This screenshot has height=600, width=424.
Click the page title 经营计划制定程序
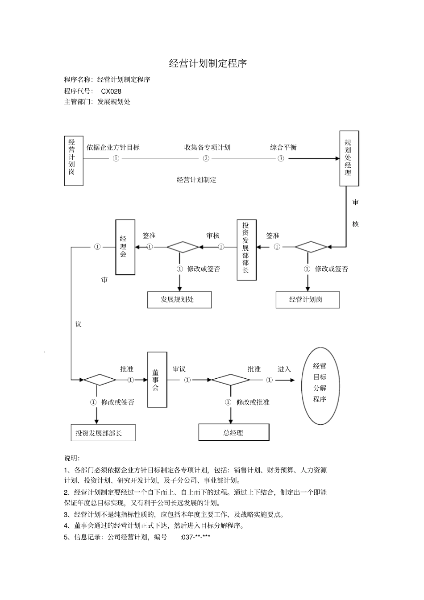208,63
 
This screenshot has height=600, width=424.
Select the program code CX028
111,91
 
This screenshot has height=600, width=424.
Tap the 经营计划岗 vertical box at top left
74,161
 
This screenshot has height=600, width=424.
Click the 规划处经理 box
349,158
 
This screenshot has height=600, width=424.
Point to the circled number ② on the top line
206,158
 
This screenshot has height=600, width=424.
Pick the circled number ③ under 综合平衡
281,158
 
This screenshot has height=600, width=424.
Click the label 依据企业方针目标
113,147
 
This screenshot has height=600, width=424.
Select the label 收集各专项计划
207,147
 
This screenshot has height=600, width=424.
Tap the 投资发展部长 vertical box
246,250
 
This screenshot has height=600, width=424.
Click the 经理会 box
125,247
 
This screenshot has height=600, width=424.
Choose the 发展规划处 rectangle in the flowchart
179,299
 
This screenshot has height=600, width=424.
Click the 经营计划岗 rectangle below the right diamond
308,299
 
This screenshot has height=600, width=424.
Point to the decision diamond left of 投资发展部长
183,247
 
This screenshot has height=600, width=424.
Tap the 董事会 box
157,380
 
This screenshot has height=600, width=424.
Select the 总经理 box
233,432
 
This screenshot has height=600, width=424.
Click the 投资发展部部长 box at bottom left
103,433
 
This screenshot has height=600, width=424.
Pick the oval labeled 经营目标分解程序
320,386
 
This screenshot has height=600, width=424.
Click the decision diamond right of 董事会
230,380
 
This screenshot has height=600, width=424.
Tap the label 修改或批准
253,402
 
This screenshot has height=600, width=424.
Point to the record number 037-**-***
195,537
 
